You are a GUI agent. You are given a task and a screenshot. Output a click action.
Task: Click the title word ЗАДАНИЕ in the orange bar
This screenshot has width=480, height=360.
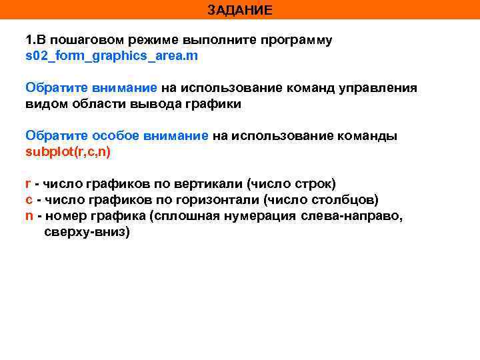pyautogui.click(x=239, y=10)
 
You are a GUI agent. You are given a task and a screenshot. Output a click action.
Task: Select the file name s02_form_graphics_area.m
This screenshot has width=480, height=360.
pyautogui.click(x=111, y=56)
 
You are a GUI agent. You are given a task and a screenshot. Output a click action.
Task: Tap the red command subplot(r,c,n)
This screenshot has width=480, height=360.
pyautogui.click(x=68, y=151)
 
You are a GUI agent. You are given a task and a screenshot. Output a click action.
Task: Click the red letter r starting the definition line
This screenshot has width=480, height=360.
pyautogui.click(x=28, y=183)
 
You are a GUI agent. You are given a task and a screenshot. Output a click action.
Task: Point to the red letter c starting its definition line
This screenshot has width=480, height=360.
pyautogui.click(x=29, y=199)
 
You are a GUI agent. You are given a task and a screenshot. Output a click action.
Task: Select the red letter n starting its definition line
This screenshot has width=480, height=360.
pyautogui.click(x=29, y=215)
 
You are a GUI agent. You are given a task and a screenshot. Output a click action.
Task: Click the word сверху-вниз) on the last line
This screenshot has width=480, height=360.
pyautogui.click(x=87, y=231)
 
